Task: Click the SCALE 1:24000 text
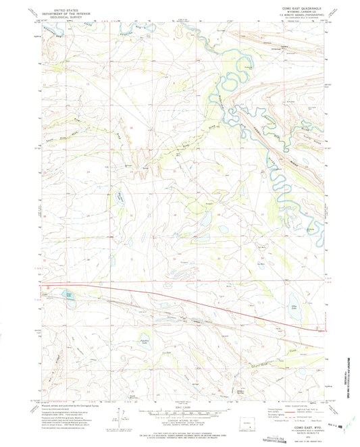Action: pos(179,404)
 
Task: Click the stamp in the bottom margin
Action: pos(280,437)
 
